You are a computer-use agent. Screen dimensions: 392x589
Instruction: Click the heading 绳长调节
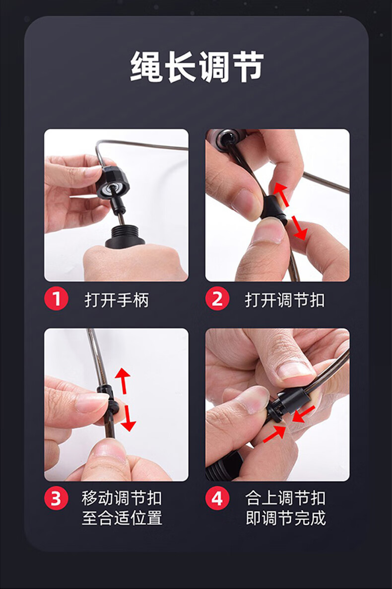pyautogui.click(x=197, y=67)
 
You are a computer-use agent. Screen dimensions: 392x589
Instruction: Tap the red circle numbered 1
pyautogui.click(x=57, y=299)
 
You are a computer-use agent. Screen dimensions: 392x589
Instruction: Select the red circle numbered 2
pyautogui.click(x=217, y=299)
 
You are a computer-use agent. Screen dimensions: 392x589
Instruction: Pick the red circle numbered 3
pyautogui.click(x=57, y=498)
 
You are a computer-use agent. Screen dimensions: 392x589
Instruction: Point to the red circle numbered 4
pyautogui.click(x=217, y=498)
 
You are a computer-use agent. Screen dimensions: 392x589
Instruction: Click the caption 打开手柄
pyautogui.click(x=117, y=300)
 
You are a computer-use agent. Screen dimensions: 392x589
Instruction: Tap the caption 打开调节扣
pyautogui.click(x=285, y=300)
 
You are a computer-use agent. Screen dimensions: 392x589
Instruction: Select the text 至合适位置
pyautogui.click(x=122, y=518)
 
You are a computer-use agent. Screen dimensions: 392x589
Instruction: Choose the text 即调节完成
pyautogui.click(x=285, y=518)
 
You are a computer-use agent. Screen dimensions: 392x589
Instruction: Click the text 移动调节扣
pyautogui.click(x=122, y=499)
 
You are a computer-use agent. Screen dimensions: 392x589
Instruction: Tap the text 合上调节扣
pyautogui.click(x=285, y=499)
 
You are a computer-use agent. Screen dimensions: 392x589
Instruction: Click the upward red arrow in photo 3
pyautogui.click(x=123, y=381)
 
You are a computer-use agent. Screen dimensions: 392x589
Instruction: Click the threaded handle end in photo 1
pyautogui.click(x=125, y=237)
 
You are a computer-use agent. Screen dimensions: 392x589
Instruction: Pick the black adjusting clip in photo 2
pyautogui.click(x=273, y=208)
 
